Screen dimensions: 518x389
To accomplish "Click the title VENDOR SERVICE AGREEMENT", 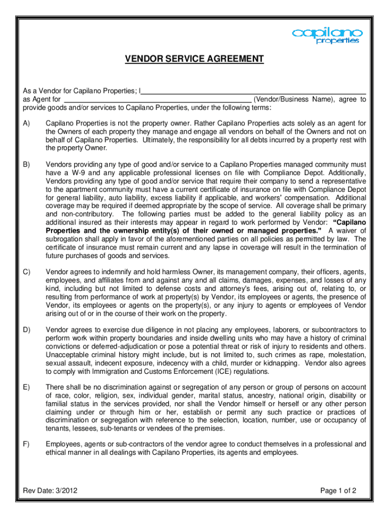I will pos(194,59).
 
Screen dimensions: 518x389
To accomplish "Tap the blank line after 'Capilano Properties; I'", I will pos(254,91).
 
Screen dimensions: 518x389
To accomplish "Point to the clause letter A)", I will pos(26,123).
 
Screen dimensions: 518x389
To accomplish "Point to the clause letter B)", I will pos(26,164).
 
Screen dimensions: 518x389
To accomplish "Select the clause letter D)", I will pos(26,330).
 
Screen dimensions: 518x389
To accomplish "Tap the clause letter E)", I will pos(26,388).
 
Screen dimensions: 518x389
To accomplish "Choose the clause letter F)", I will pos(26,444).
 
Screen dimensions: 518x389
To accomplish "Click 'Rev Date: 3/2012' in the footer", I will pos(50,490).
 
